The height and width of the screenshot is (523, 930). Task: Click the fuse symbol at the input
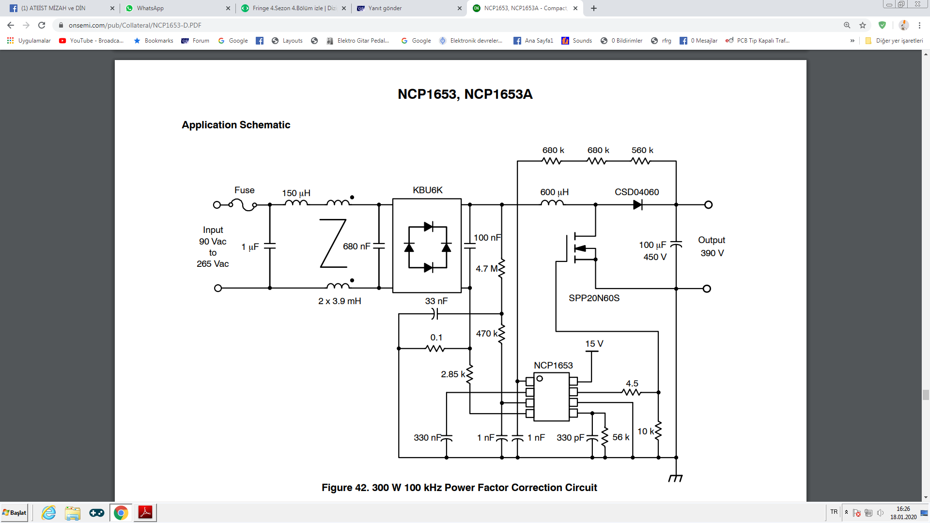point(243,205)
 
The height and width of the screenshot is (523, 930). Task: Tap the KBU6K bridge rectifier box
point(427,246)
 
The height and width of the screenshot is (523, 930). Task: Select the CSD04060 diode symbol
point(637,205)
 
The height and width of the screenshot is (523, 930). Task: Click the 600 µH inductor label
point(555,192)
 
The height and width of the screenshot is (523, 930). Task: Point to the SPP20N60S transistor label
point(594,298)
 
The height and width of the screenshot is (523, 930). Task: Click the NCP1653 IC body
point(551,397)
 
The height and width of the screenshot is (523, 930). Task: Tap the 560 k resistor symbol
point(641,161)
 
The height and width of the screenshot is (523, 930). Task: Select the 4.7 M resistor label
point(486,269)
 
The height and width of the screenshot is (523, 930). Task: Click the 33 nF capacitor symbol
point(435,314)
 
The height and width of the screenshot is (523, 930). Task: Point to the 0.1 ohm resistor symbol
point(435,348)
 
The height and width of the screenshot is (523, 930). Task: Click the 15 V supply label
point(594,344)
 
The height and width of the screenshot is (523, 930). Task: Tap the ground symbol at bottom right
point(676,478)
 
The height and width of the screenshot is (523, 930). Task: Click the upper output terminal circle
point(708,205)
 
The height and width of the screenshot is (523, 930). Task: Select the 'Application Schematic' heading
point(236,125)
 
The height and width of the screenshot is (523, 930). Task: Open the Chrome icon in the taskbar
point(121,513)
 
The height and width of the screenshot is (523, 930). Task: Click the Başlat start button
point(15,513)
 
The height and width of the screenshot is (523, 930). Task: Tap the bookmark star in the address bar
point(863,25)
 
